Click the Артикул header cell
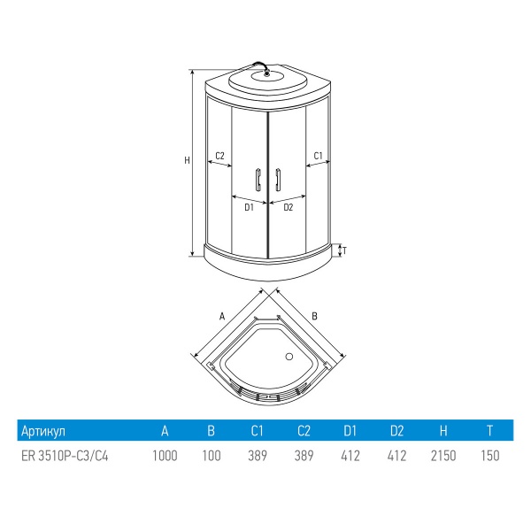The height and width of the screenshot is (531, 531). [43, 431]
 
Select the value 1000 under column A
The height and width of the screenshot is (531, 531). [165, 456]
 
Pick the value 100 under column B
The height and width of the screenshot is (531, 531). [212, 456]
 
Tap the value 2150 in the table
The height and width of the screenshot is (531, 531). [443, 456]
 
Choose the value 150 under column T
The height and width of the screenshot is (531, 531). [490, 456]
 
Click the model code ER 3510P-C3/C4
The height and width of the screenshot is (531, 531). [65, 456]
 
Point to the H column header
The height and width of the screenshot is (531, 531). [443, 431]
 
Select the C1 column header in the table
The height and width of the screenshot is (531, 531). [257, 431]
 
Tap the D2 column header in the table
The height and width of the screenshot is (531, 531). [396, 431]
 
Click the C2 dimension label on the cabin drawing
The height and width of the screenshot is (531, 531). [219, 156]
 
